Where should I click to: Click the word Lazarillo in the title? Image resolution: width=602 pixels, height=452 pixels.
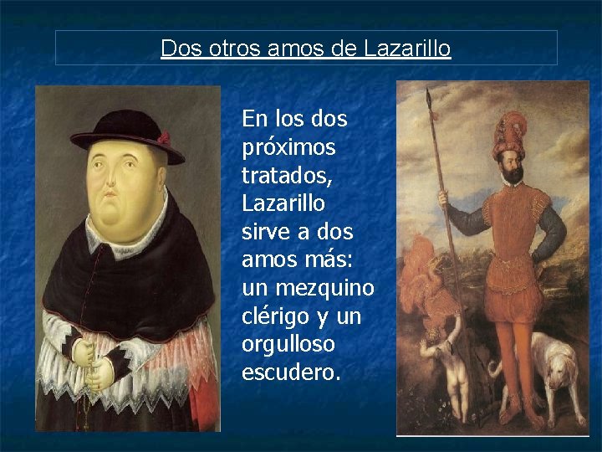(407, 49)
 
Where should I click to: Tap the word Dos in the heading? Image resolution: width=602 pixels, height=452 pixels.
(178, 49)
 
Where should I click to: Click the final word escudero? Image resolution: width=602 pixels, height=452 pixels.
(291, 372)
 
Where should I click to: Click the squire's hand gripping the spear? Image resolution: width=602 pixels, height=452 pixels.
(443, 201)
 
